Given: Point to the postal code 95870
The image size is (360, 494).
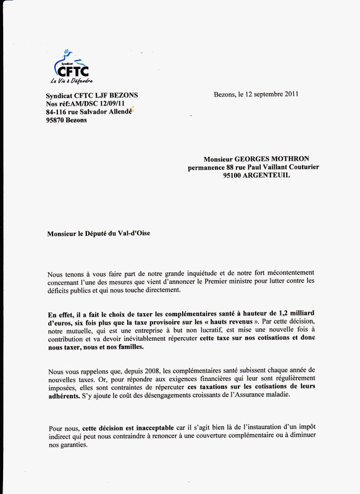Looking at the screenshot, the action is pyautogui.click(x=59, y=120).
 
